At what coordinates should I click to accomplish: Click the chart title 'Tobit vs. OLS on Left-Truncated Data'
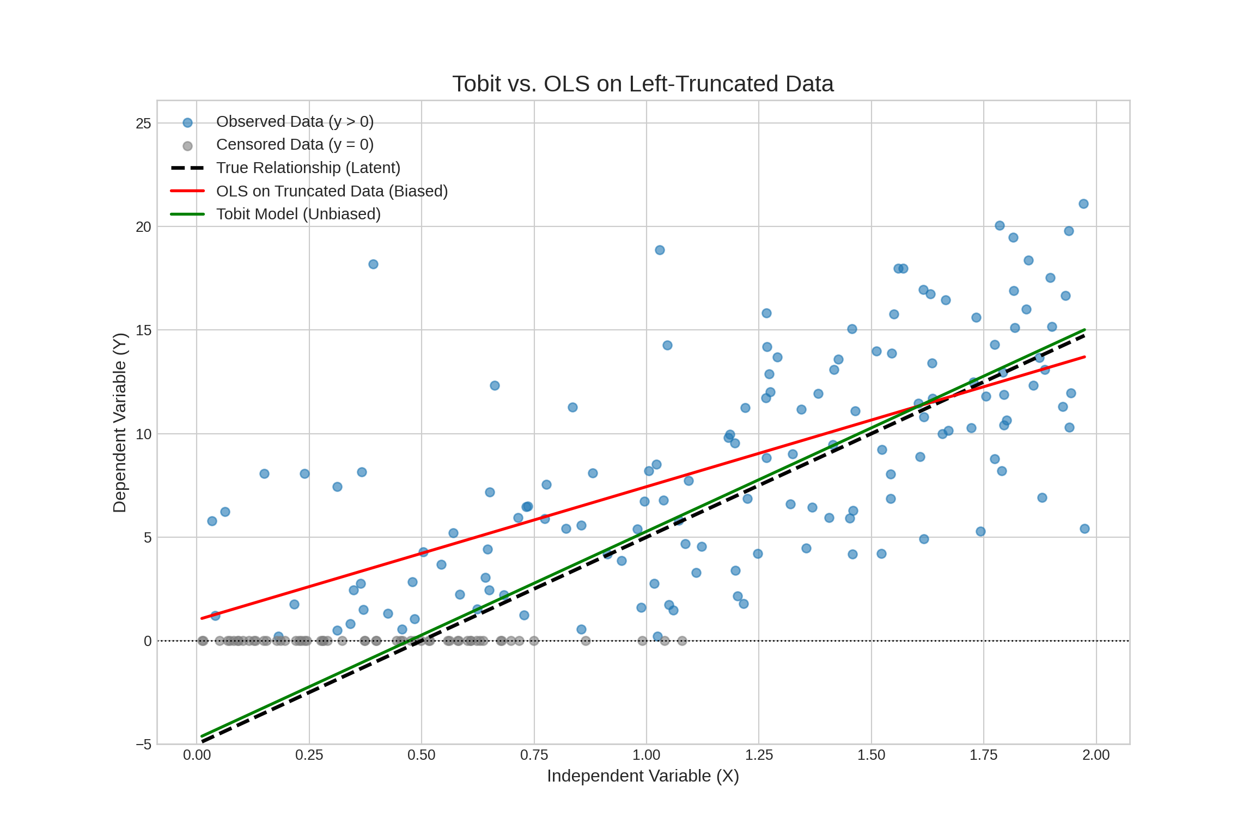pos(643,84)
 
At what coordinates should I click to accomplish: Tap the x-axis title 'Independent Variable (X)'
pos(643,776)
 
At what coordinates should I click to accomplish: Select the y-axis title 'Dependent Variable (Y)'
pos(119,422)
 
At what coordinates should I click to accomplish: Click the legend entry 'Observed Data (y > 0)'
pos(295,121)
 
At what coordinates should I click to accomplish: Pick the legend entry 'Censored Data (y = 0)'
pos(295,145)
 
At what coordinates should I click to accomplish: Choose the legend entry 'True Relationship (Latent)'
pos(308,168)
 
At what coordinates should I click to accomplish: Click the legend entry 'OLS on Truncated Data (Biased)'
pos(332,191)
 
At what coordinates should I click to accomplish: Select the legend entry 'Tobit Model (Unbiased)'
pos(298,214)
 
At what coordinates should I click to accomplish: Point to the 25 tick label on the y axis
pos(143,124)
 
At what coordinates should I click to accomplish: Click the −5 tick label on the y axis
pos(143,745)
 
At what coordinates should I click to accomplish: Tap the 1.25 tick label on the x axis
pos(759,755)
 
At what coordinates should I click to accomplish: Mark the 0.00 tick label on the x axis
pos(197,755)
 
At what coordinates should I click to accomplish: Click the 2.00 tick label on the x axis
pos(1096,755)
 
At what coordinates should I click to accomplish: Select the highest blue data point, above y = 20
pos(1083,204)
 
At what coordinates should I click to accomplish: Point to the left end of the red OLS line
pos(202,618)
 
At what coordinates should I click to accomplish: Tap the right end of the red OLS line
pos(1085,357)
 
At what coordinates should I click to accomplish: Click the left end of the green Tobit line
pos(202,736)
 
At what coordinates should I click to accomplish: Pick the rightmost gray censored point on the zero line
pos(682,641)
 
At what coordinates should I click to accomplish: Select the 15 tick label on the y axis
pos(143,330)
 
